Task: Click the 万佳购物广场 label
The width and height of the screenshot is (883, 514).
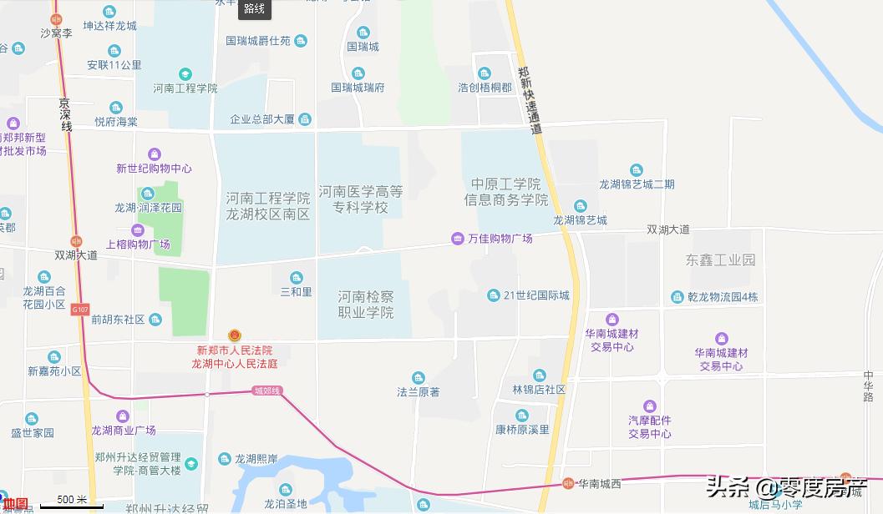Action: pos(500,239)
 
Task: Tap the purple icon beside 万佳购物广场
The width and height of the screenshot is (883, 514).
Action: pos(457,239)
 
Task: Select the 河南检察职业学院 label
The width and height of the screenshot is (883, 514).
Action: pos(365,305)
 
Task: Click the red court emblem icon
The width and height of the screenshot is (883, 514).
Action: pos(234,335)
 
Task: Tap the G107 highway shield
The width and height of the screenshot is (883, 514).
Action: pos(79,310)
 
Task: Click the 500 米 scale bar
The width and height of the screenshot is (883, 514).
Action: pos(72,501)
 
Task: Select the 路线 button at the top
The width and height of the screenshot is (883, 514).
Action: pos(254,9)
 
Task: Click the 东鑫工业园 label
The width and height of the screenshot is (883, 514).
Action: pos(719,260)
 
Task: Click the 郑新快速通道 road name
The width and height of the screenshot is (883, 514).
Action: pos(529,100)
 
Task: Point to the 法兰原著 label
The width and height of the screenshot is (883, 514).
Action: pos(418,391)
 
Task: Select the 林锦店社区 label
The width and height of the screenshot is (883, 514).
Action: pos(539,390)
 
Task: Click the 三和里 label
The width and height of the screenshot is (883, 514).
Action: pos(296,292)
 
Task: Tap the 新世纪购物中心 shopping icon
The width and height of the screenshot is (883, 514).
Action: pos(154,154)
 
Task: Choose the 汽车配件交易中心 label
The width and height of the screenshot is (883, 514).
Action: pos(650,427)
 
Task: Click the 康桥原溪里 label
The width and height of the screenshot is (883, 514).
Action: pos(522,430)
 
